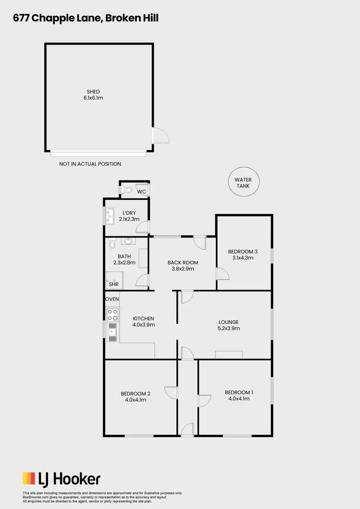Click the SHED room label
pos(93,91)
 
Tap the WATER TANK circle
pos(243,182)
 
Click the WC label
pos(142,192)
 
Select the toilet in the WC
pos(127,191)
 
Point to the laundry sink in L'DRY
pos(110,216)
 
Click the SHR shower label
pos(113,284)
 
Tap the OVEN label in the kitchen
pos(112,299)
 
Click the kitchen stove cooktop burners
pos(113,315)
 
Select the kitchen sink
pos(113,332)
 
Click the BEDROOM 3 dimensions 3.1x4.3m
pos(242,258)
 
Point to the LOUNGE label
pos(228,322)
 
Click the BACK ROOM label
pos(182,263)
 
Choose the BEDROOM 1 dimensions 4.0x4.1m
pos(239,399)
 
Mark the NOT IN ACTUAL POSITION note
pos(90,164)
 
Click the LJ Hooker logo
pos(61,479)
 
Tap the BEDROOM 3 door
pos(223,274)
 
